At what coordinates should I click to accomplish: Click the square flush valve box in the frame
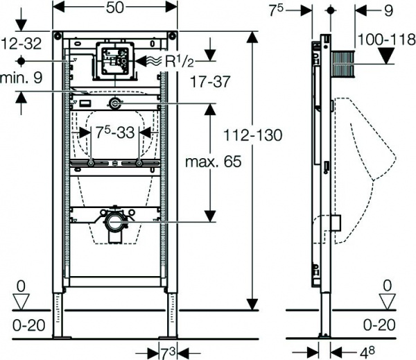coord(112,60)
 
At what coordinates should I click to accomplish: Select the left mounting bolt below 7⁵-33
coord(90,164)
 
